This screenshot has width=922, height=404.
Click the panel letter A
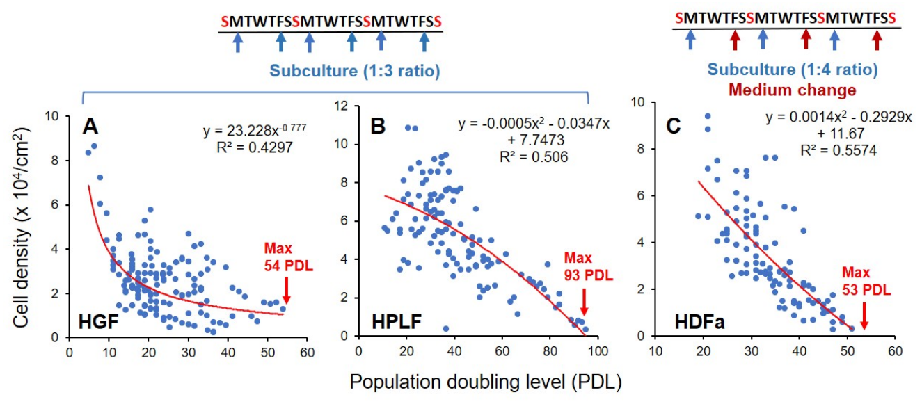pos(90,127)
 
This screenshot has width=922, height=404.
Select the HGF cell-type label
pos(98,321)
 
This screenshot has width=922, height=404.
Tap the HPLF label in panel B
pos(397,321)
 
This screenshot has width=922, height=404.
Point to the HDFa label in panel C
pos(700,322)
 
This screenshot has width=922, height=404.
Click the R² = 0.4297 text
pos(255,147)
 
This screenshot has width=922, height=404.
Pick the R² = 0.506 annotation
pos(534,156)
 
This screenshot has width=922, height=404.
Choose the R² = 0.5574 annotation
pos(838,151)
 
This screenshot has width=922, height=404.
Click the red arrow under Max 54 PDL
pos(287,291)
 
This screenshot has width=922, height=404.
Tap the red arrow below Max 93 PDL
pos(584,302)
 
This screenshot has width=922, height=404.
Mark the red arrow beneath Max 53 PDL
pos(864,316)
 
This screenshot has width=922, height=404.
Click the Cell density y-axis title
pos(22,228)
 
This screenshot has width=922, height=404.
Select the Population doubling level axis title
pos(486,382)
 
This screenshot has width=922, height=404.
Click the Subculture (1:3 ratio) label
pos(355,71)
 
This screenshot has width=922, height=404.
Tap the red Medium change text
pos(793,90)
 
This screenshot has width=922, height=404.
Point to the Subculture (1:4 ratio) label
pos(793,69)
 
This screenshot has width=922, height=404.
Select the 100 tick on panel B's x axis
pos(598,352)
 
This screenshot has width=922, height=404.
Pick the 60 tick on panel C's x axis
pos(896,352)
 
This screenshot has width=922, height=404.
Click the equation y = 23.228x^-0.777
pos(255,130)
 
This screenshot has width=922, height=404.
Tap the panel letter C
pos(674,127)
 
